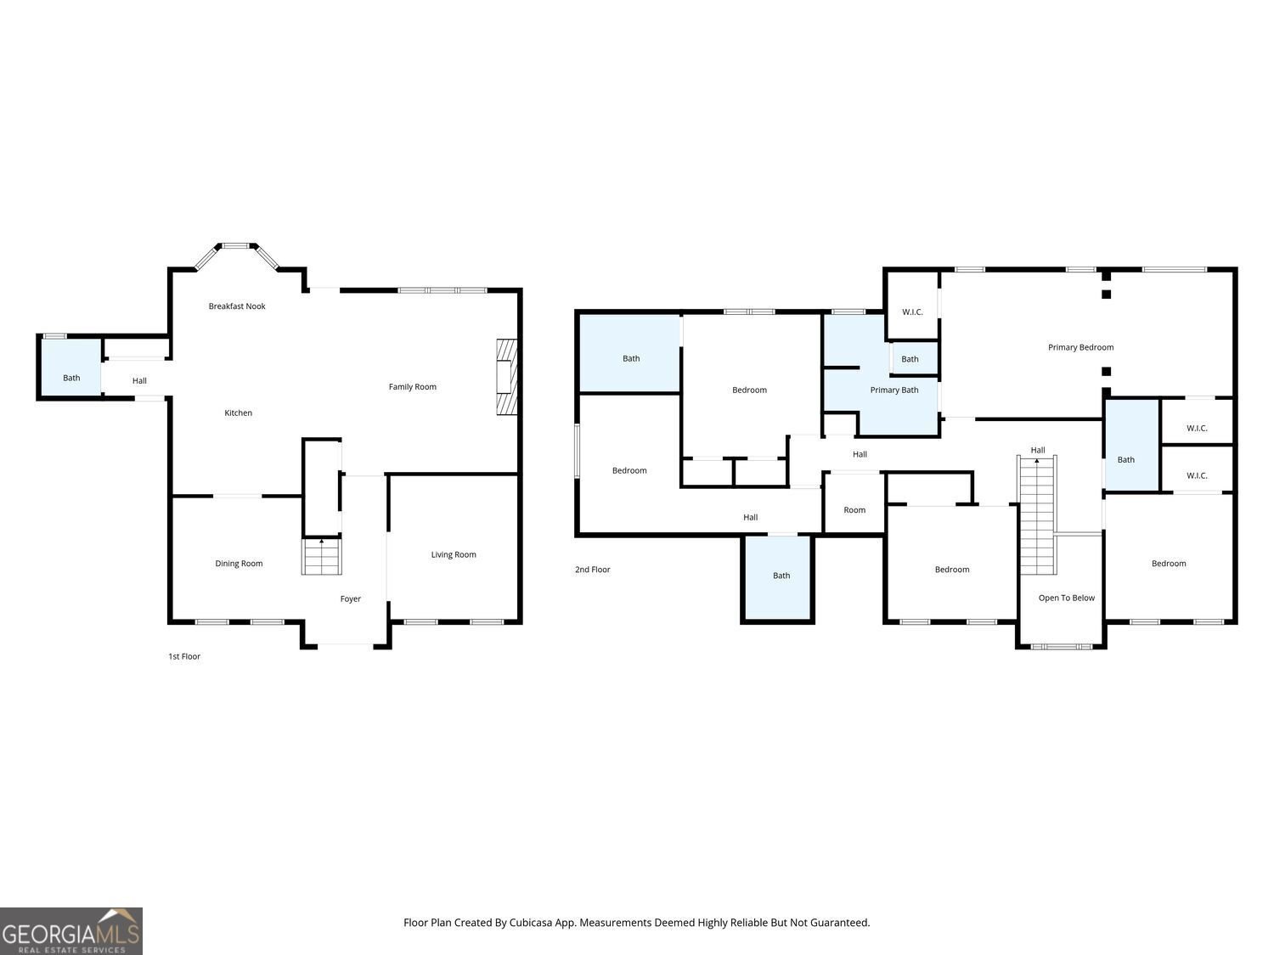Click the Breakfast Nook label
click(x=237, y=306)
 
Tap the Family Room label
click(x=412, y=387)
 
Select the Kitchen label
click(x=238, y=413)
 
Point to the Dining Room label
click(x=239, y=564)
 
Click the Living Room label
click(x=454, y=555)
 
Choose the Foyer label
click(x=350, y=599)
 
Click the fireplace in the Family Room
click(x=506, y=377)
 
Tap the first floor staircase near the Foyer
click(x=321, y=557)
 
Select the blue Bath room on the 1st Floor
click(x=70, y=367)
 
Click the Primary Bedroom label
click(x=1080, y=347)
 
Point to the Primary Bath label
click(x=893, y=390)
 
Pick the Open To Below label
click(x=1066, y=598)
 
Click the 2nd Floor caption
click(x=592, y=570)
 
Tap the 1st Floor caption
click(x=184, y=656)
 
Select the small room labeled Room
click(x=854, y=503)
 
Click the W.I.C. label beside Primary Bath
click(x=912, y=312)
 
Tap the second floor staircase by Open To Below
click(x=1037, y=515)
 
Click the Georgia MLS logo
click(x=70, y=931)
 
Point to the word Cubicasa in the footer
click(x=531, y=923)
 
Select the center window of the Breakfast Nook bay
click(x=236, y=246)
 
